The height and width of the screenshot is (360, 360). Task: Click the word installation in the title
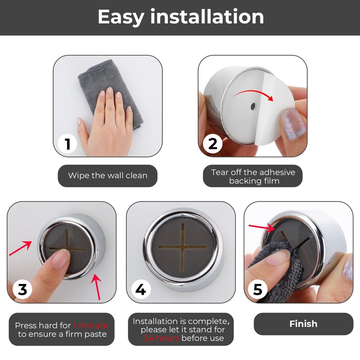207,17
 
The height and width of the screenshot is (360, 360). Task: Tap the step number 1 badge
67,144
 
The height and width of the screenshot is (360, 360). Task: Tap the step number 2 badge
212,144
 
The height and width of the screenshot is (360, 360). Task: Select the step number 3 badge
22,289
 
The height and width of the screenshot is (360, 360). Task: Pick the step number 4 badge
141,289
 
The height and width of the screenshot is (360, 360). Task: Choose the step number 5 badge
257,289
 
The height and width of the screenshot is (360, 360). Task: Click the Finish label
303,324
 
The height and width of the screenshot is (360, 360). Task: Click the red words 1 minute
90,325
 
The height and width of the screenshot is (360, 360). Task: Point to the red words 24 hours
162,338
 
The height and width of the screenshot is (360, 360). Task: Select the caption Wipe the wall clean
108,175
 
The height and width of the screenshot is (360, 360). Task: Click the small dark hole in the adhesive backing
253,106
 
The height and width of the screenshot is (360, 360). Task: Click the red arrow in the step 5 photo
262,228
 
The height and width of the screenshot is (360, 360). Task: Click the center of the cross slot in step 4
183,247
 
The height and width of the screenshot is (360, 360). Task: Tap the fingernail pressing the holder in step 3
61,260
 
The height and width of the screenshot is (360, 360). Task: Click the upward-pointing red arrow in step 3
97,287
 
